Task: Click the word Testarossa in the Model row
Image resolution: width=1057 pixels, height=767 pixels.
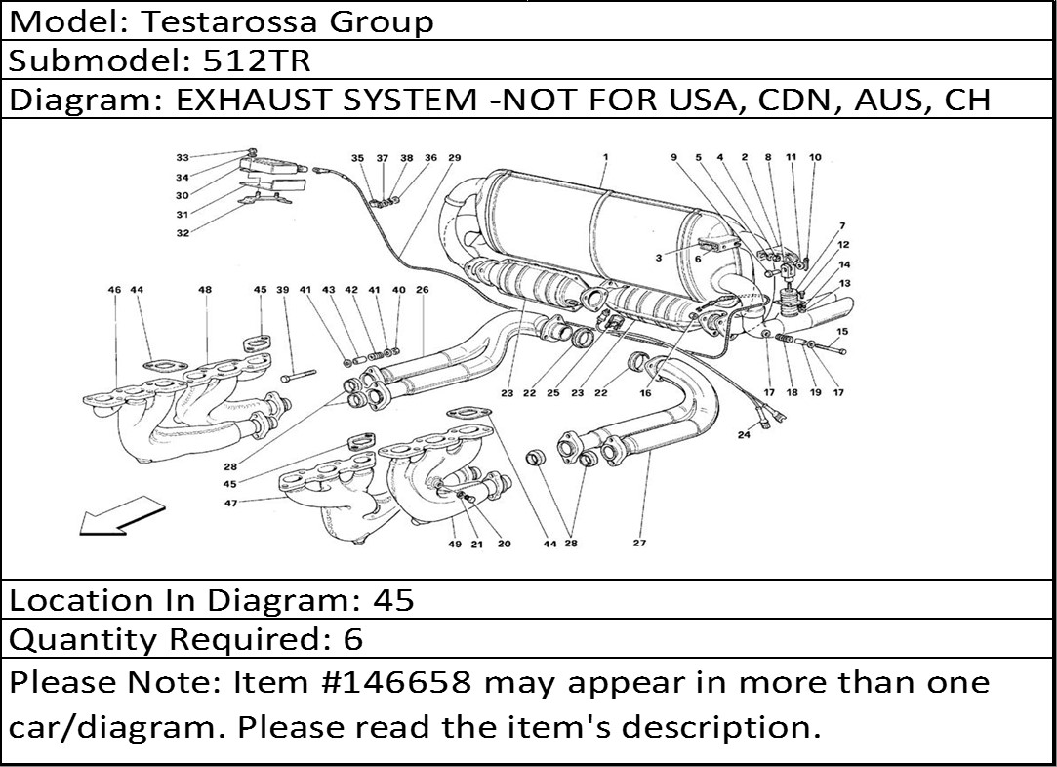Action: [x=228, y=21]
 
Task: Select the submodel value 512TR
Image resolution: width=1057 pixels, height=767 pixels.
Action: [x=257, y=61]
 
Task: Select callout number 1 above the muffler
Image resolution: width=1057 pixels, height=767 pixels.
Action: [x=606, y=157]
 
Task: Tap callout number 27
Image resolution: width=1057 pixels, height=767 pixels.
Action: [x=639, y=543]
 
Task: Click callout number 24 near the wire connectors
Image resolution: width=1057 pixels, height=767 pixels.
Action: [x=744, y=434]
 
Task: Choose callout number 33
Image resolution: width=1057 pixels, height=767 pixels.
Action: [x=182, y=158]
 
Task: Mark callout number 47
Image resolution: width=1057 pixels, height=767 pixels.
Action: [x=230, y=503]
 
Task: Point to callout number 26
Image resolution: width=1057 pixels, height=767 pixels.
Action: [x=422, y=290]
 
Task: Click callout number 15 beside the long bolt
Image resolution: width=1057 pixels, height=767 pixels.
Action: [x=842, y=331]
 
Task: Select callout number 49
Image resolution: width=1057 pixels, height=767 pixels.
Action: [x=455, y=544]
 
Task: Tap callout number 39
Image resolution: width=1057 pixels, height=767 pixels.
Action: [x=282, y=290]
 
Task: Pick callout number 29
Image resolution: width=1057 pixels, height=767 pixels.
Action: [x=455, y=158]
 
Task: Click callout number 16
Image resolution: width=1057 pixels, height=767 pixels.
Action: [x=645, y=393]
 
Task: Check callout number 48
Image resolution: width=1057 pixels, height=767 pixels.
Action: [x=205, y=290]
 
